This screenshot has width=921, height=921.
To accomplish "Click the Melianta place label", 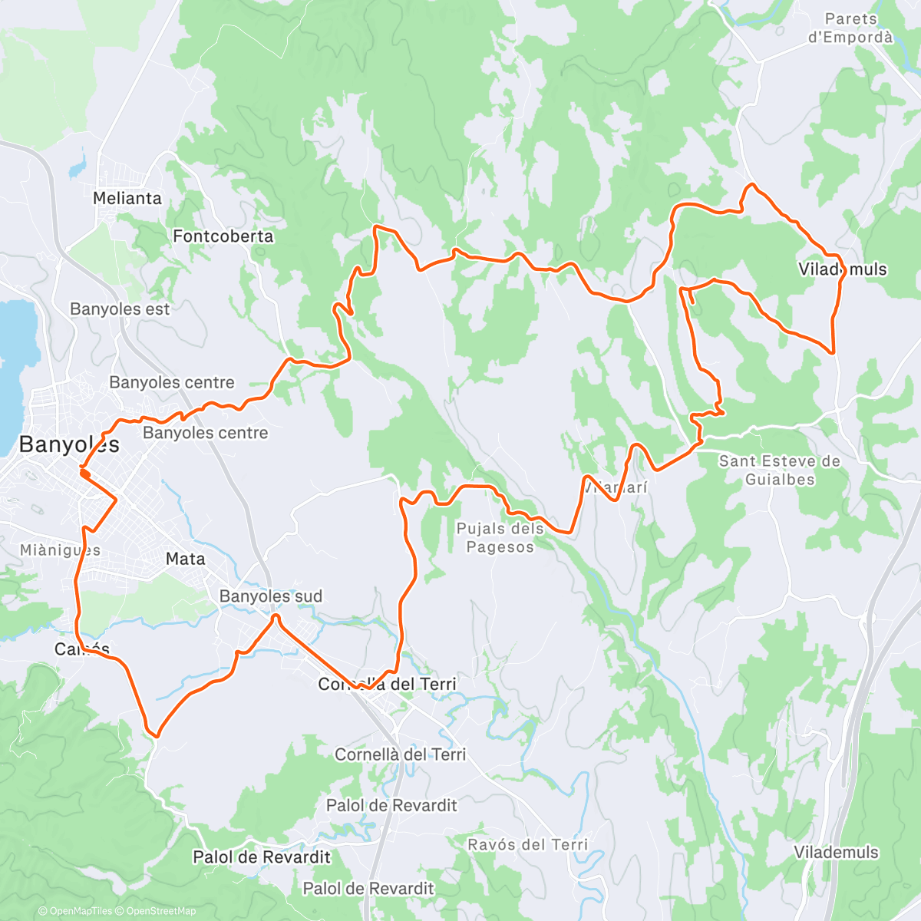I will (x=127, y=198).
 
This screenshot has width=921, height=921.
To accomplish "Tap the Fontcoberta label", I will (x=223, y=236).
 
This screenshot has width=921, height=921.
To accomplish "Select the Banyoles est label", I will (x=120, y=309).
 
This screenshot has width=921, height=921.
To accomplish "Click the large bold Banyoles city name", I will (x=69, y=444).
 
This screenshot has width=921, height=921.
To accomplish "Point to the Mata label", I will (x=186, y=559).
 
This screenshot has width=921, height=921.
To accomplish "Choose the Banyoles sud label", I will (x=271, y=596).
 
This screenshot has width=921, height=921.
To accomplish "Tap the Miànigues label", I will (x=60, y=550).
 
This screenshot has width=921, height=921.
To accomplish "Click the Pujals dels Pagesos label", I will (x=500, y=537).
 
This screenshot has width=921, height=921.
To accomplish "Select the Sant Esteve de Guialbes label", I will (x=780, y=470).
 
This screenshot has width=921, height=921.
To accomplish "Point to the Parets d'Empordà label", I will (x=850, y=28).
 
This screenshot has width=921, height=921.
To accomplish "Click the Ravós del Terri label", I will (x=528, y=845).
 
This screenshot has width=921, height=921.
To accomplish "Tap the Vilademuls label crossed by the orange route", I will (x=843, y=269).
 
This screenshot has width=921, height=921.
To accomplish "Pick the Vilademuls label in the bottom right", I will (x=836, y=852).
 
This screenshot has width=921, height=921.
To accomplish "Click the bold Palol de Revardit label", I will (x=262, y=857).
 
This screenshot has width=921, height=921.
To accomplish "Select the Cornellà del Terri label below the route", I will (x=400, y=754).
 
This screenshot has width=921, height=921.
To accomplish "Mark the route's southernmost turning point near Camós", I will (x=155, y=735).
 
